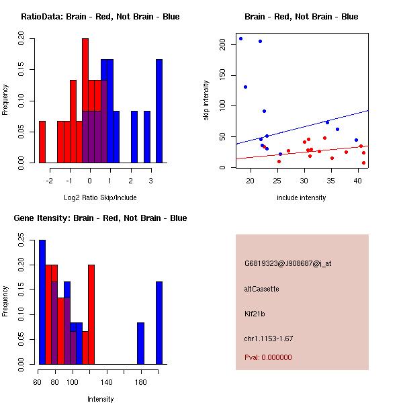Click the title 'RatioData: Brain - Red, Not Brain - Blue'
pos(100,17)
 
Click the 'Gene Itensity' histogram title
pos(100,218)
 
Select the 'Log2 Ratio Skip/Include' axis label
pos(100,197)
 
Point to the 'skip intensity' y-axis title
pos(207,101)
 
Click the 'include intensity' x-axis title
pos(302,197)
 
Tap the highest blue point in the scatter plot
pos(240,38)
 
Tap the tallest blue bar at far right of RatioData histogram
pos(159,111)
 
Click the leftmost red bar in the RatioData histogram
pos(42,142)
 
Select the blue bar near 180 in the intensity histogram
pos(141,343)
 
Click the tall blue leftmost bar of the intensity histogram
pos(42,302)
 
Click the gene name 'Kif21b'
pos(255,314)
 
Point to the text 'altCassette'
pos(261,289)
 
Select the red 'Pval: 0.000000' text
pos(268,357)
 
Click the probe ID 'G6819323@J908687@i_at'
pos(287,263)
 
